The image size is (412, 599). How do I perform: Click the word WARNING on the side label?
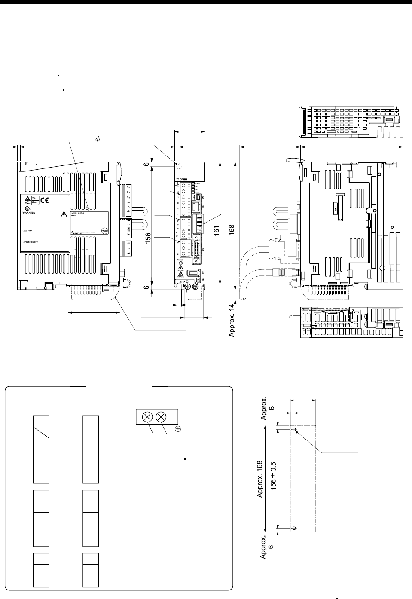tap(29, 213)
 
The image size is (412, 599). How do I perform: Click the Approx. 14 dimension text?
tap(232, 320)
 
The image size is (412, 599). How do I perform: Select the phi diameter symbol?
tap(98, 140)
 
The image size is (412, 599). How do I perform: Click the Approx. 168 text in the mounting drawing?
tap(260, 478)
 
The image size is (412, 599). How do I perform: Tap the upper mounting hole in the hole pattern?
tap(293, 430)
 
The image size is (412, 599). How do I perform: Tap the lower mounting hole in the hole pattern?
tap(293, 528)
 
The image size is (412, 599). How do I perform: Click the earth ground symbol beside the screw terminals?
tap(177, 429)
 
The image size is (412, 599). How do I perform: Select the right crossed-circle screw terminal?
tap(161, 416)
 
